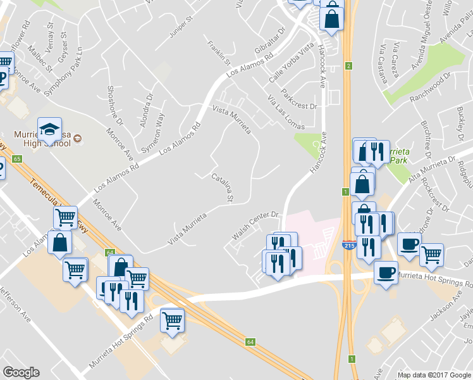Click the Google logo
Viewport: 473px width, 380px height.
click(x=21, y=372)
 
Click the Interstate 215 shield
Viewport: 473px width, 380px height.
click(x=348, y=244)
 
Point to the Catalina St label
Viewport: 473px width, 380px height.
click(x=223, y=188)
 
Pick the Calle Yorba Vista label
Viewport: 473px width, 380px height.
click(x=292, y=66)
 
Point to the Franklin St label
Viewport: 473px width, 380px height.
click(x=220, y=54)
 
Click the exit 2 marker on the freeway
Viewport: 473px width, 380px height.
click(x=348, y=66)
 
